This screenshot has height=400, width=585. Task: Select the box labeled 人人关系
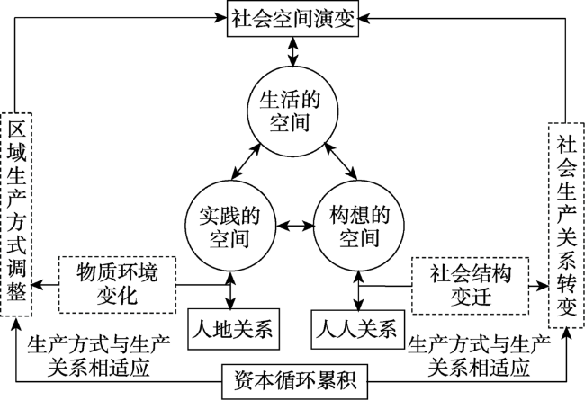[x=354, y=328]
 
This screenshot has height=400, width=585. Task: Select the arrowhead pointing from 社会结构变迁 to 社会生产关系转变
[x=545, y=284]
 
